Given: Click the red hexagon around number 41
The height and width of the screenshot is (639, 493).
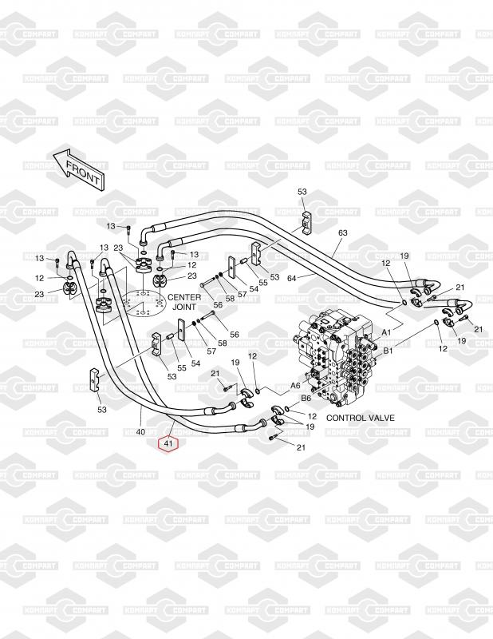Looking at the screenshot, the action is [x=168, y=443].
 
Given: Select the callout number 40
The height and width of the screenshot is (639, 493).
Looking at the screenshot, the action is [x=140, y=431].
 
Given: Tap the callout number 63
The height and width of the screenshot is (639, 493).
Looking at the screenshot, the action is [x=343, y=233].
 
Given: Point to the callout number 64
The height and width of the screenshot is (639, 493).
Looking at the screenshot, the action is [x=292, y=278].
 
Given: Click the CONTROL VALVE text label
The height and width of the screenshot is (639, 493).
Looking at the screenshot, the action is [x=361, y=418].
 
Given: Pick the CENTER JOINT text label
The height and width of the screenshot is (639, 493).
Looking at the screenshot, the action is [x=184, y=302].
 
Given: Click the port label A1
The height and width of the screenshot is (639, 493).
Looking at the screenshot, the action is [x=386, y=332].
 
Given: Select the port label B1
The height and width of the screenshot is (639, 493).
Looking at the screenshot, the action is [x=388, y=350].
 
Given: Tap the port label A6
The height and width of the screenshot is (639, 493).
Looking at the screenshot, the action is [x=295, y=386].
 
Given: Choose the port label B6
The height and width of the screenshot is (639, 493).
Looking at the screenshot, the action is [x=306, y=398].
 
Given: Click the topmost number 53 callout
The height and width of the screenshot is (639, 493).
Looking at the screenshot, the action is [x=302, y=192].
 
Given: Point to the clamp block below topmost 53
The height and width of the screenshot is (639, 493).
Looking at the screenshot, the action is [x=307, y=223].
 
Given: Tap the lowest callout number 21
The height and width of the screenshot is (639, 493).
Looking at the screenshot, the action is [x=301, y=447].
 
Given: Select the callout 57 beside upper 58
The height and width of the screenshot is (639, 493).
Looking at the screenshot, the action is [x=243, y=293].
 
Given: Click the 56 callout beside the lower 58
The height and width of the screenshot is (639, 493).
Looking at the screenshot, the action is [x=234, y=335].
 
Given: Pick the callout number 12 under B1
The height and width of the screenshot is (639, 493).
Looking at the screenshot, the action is [x=443, y=348].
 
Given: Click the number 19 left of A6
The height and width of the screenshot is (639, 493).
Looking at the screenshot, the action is [x=235, y=363].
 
